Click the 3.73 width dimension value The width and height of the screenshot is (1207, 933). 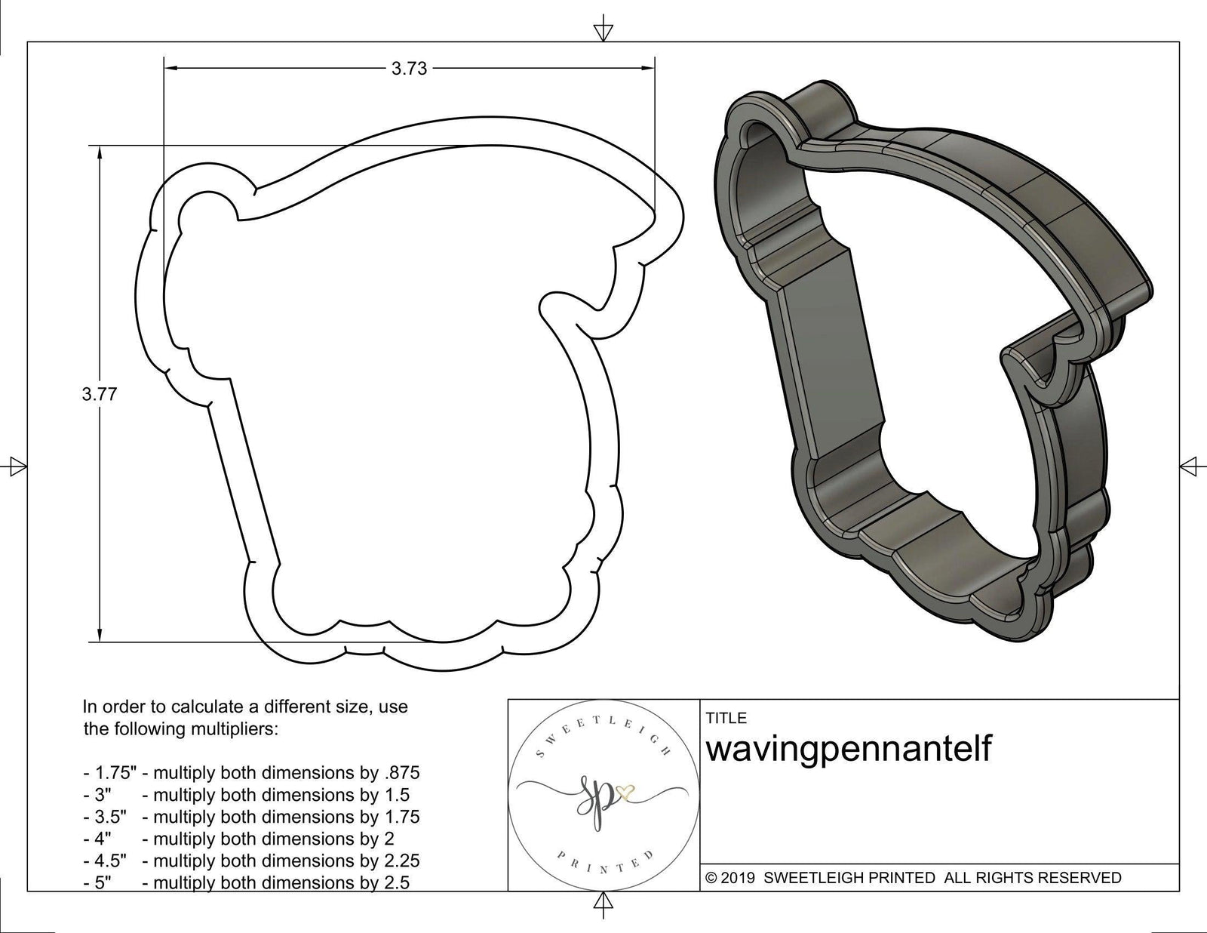(x=409, y=69)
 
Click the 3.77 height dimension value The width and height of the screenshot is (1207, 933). (x=100, y=393)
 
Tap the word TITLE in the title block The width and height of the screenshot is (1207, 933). (x=726, y=718)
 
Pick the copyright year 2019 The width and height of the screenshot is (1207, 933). (x=739, y=878)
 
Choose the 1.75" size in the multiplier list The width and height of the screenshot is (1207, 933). (x=109, y=773)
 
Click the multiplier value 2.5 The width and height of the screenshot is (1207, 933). (x=395, y=882)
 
